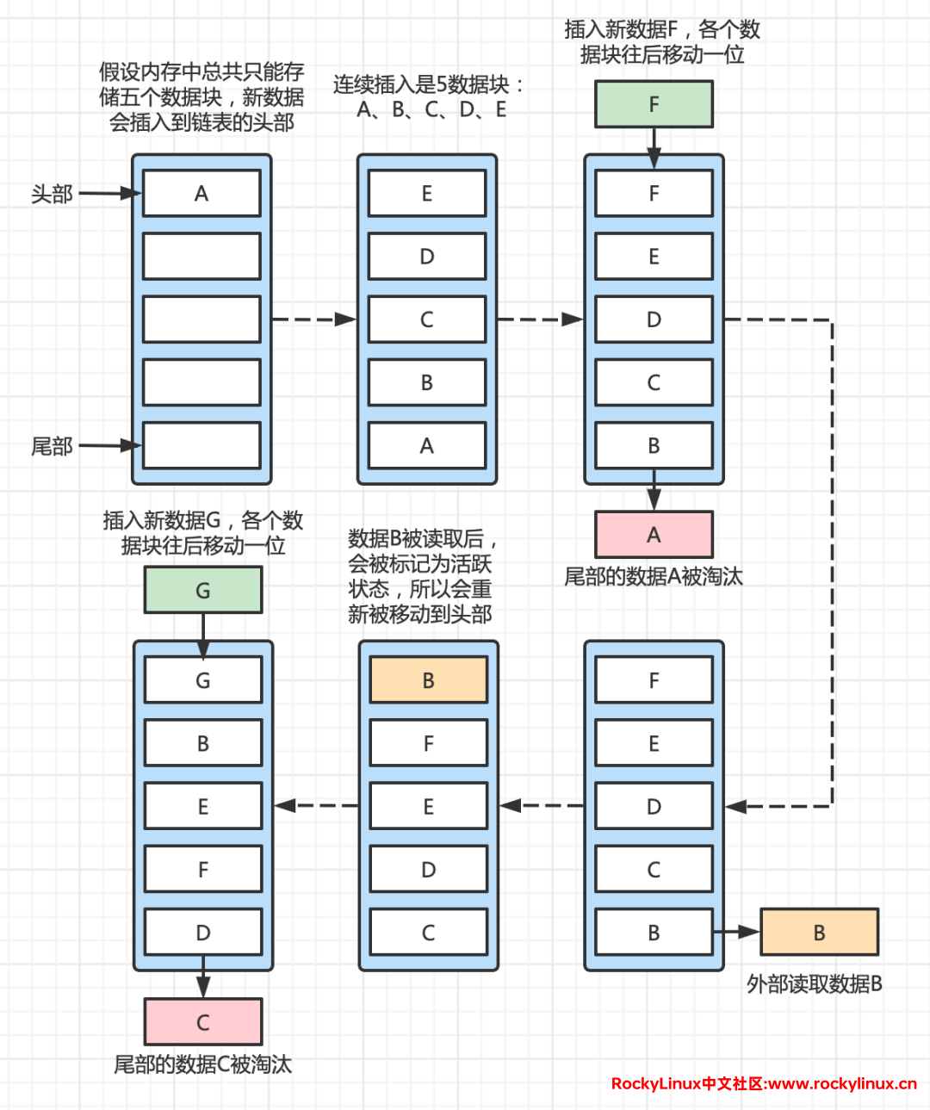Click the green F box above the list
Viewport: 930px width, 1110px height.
[654, 104]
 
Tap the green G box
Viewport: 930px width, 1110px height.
[202, 591]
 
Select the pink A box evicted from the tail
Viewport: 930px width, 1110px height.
[654, 535]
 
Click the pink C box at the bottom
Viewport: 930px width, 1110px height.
[202, 1022]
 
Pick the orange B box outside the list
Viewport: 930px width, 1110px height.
[819, 933]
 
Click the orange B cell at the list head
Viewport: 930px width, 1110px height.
[428, 680]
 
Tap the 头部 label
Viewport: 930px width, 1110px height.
[52, 194]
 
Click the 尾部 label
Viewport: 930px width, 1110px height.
[52, 446]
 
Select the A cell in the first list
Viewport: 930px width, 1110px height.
[201, 194]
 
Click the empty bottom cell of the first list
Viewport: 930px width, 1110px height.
[201, 446]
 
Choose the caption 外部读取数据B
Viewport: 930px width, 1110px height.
[814, 983]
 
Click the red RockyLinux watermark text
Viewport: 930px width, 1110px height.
[763, 1083]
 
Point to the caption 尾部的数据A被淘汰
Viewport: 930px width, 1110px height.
[653, 576]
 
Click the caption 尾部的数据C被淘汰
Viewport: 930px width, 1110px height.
[202, 1064]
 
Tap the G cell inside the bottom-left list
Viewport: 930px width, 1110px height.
[202, 680]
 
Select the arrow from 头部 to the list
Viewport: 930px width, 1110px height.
[109, 194]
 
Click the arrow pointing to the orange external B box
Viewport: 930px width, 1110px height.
[736, 932]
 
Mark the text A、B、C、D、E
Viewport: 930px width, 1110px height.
[431, 110]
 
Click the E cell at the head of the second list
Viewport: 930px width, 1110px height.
[427, 194]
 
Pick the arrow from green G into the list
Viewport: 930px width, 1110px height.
[203, 635]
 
